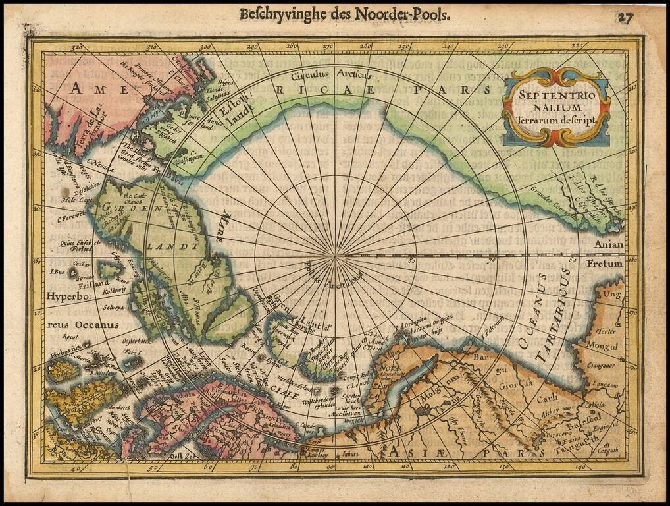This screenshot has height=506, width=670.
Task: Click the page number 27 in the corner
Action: pyautogui.click(x=625, y=18)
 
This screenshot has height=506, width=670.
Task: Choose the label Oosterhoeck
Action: pyautogui.click(x=138, y=341)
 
